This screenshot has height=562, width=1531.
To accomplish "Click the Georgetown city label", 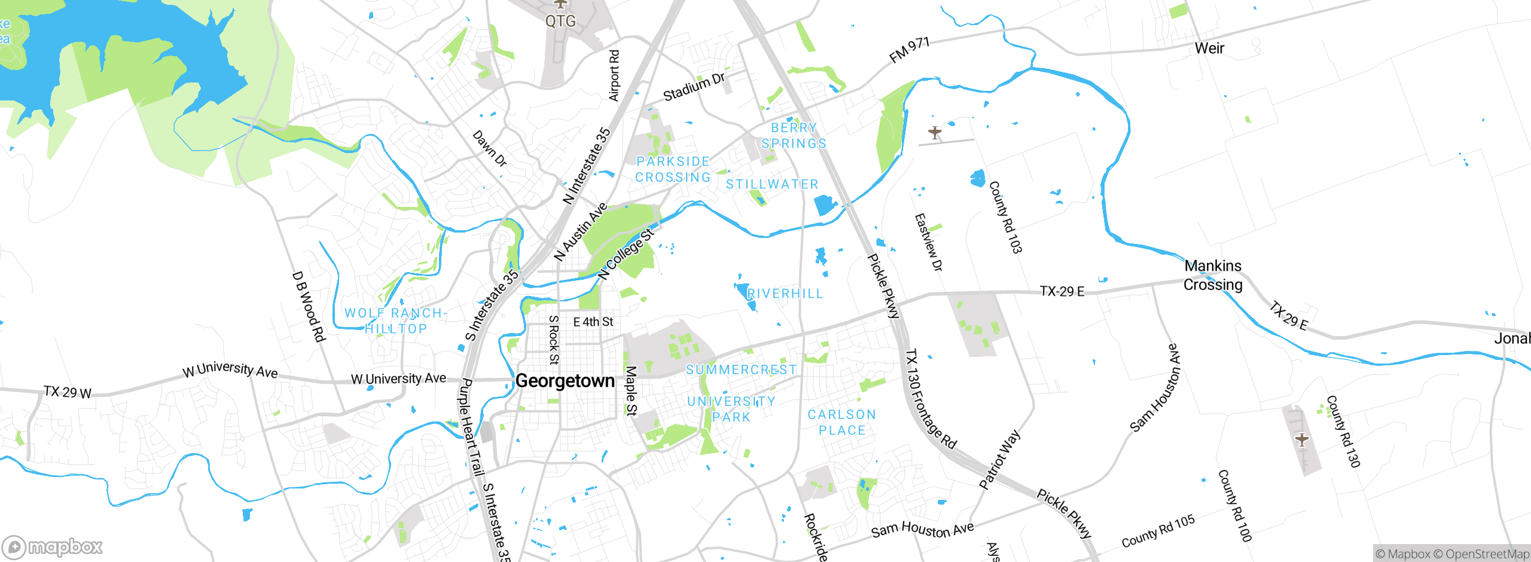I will tap(565, 381).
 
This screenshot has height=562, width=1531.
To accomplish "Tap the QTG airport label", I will tap(560, 22).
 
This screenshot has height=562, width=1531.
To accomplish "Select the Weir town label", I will tap(1209, 48).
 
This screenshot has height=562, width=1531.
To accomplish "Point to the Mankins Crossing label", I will tap(1213, 275).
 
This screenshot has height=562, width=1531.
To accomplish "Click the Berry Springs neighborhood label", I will tap(794, 136).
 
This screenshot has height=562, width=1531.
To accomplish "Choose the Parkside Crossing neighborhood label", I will tap(673, 169).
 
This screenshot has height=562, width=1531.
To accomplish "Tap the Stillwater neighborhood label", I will tap(771, 184).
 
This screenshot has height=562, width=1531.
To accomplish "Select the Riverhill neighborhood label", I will tap(785, 294).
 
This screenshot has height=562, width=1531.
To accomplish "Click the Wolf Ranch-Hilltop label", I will tap(395, 321).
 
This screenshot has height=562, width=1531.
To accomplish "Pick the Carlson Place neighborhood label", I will tap(841, 422).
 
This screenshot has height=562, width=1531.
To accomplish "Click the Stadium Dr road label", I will tap(694, 87).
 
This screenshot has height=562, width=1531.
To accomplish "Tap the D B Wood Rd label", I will tap(309, 307).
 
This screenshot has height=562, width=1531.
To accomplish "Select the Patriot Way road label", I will tap(999, 459).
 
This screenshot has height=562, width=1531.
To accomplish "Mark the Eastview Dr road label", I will tap(928, 242).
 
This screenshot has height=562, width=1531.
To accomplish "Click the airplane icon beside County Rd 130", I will tap(1302, 441).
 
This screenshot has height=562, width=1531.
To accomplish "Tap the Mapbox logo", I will tap(53, 547).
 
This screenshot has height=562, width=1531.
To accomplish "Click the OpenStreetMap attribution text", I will tap(1486, 554).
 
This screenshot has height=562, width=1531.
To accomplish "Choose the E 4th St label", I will tap(593, 322).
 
